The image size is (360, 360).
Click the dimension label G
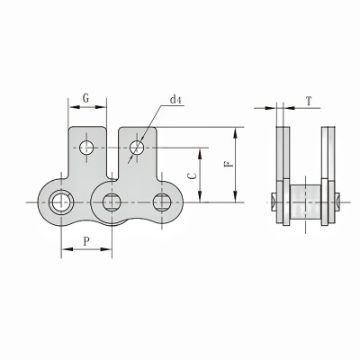point(86,95)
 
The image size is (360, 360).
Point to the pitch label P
point(85,240)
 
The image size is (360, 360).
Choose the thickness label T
point(308,103)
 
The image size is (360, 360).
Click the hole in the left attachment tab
point(86,146)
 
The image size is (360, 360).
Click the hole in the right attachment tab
point(136,146)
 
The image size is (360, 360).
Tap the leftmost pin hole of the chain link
point(61,202)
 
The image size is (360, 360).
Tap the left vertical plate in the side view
point(283,175)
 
